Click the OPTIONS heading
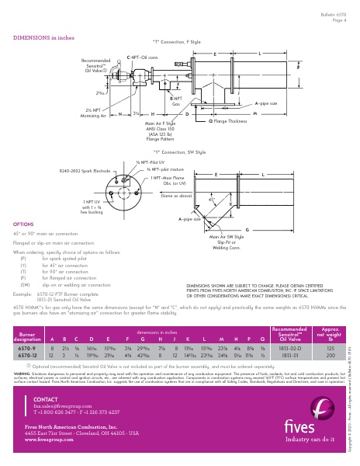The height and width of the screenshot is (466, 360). pyautogui.click(x=23, y=222)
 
